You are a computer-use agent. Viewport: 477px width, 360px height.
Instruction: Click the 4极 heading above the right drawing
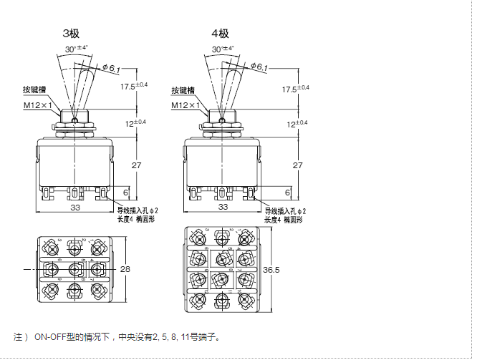[x=220, y=34]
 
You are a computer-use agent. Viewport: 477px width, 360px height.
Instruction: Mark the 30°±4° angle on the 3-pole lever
[x=76, y=49]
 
